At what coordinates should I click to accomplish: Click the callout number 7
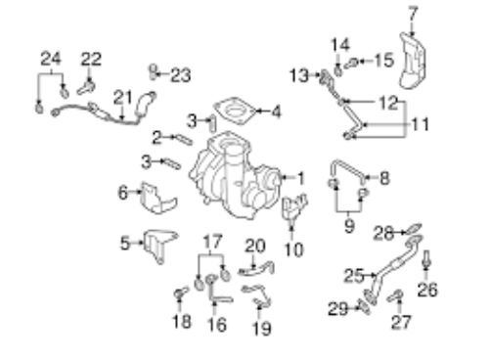click(x=413, y=15)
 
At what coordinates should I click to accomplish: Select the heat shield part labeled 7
click(x=412, y=61)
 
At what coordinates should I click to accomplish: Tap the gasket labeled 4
click(x=234, y=111)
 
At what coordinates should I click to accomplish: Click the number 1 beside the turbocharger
click(x=301, y=178)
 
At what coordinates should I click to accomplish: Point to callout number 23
click(x=181, y=75)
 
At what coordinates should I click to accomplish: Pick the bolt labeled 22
click(x=86, y=87)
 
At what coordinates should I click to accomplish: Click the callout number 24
click(x=51, y=59)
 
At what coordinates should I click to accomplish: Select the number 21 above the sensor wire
click(x=123, y=98)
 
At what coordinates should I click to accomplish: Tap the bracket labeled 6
click(x=157, y=199)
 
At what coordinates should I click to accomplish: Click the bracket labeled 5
click(x=159, y=246)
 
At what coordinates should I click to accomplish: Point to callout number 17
click(x=212, y=242)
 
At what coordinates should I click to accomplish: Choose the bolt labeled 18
click(x=180, y=292)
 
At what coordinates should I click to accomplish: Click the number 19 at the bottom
click(x=262, y=328)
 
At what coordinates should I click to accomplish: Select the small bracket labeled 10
click(x=293, y=208)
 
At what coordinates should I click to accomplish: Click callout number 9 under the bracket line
click(x=349, y=226)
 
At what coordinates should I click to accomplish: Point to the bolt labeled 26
click(x=426, y=259)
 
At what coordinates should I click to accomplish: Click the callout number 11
click(x=420, y=124)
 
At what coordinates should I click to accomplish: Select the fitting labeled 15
click(x=351, y=63)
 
